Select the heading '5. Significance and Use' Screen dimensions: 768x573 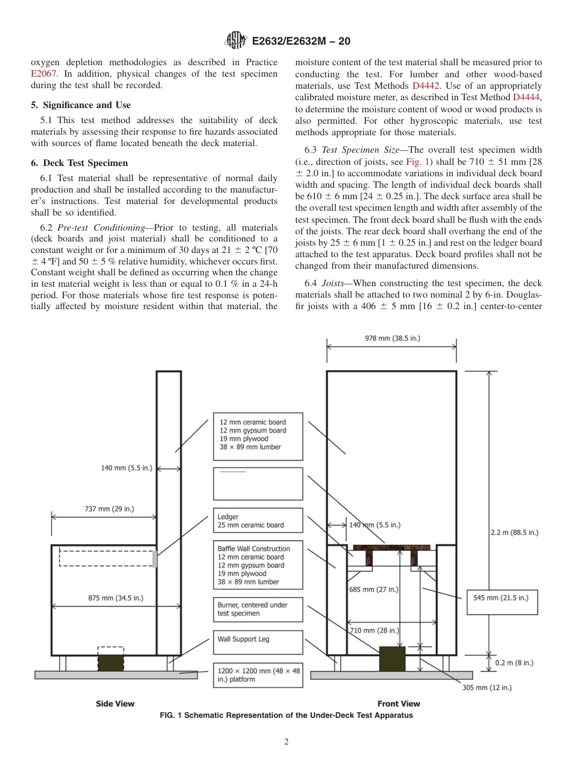click(x=81, y=105)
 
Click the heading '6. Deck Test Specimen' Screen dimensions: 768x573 click(x=80, y=163)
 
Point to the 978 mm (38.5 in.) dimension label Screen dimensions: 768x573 click(x=393, y=339)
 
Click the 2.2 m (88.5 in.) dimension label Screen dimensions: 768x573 click(x=514, y=532)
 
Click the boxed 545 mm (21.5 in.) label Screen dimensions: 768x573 click(x=502, y=597)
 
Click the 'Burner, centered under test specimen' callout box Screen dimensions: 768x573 click(x=258, y=609)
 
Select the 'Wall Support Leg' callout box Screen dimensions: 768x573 click(x=258, y=642)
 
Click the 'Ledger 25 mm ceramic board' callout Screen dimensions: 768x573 click(x=258, y=521)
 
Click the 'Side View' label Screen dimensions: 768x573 click(x=115, y=703)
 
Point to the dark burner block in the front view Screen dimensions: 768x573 click(x=392, y=658)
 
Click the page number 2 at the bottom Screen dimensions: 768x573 click(x=286, y=742)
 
